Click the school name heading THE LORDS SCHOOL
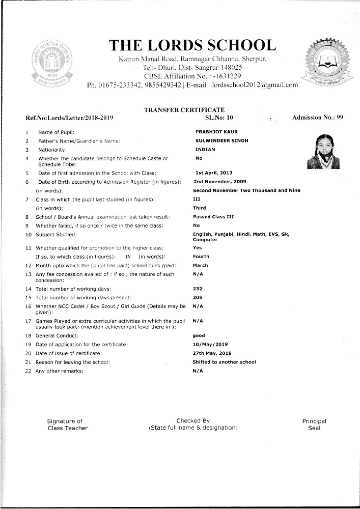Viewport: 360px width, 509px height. tap(192, 45)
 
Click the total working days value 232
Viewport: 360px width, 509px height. tap(198, 289)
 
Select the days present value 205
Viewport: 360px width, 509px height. tap(198, 297)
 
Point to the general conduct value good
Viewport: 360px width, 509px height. tap(199, 336)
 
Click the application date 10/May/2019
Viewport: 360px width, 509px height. tap(210, 345)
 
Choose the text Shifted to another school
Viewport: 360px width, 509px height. tap(224, 362)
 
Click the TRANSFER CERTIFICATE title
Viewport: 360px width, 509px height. tap(184, 110)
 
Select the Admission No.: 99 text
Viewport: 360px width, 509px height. tap(318, 118)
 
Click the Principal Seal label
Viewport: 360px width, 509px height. tap(314, 425)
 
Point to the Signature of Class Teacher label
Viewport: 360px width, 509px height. tap(67, 425)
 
